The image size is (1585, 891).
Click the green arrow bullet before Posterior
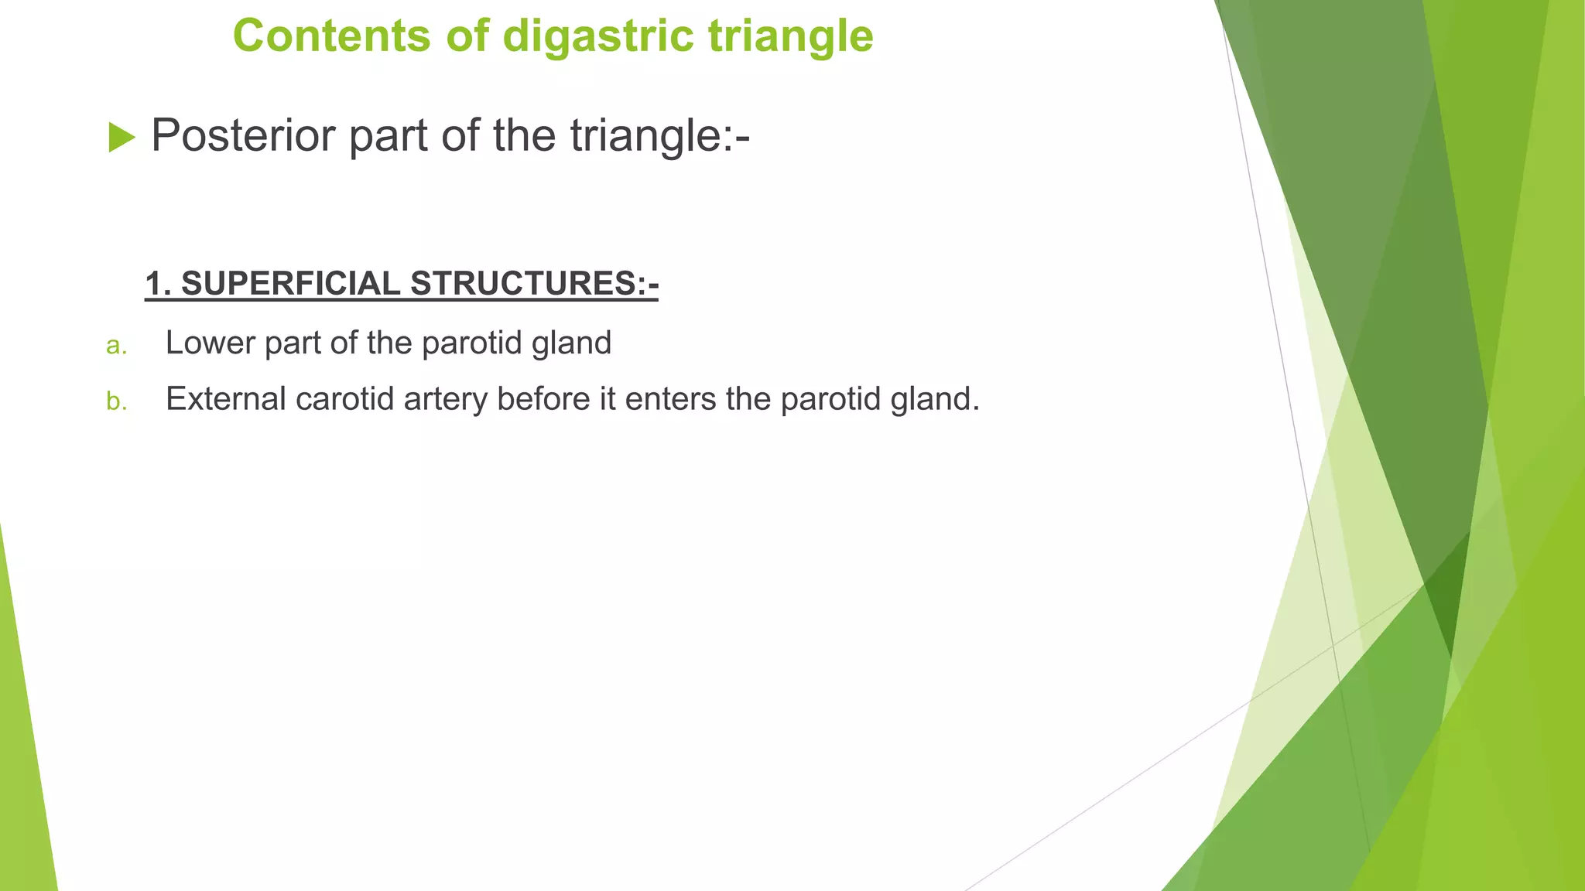122,138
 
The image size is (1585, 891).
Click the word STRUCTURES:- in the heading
534,284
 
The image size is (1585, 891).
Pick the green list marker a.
116,346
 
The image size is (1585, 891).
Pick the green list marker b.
116,401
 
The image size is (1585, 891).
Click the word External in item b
225,399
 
